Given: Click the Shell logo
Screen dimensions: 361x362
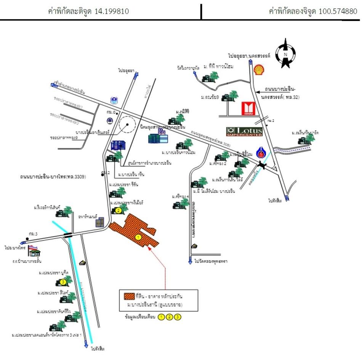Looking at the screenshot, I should click(x=259, y=70).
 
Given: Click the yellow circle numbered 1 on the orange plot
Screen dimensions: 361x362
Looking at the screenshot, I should click(x=138, y=237).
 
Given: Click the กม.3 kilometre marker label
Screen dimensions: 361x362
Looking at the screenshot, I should click(x=33, y=233).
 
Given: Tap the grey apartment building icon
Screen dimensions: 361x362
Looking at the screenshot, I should click(x=99, y=222).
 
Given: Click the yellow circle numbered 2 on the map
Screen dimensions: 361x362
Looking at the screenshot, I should click(x=119, y=210).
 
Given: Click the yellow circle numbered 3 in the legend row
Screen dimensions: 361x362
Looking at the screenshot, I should click(x=177, y=317).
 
